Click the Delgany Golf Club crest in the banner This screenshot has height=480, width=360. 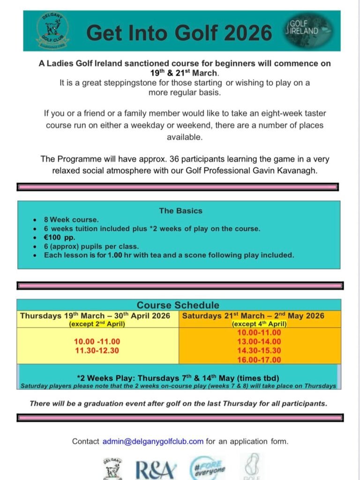click(52, 30)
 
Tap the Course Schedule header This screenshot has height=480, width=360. click(178, 305)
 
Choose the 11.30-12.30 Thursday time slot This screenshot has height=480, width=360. click(97, 350)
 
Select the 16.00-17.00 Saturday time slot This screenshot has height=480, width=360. click(259, 360)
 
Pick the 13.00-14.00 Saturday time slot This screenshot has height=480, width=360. click(259, 342)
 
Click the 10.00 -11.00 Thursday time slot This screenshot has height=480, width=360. click(97, 341)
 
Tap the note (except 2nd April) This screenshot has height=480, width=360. click(98, 324)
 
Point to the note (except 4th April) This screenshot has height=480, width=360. click(259, 324)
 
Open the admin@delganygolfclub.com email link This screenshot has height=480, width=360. click(153, 441)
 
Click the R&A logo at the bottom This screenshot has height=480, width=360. click(157, 469)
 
